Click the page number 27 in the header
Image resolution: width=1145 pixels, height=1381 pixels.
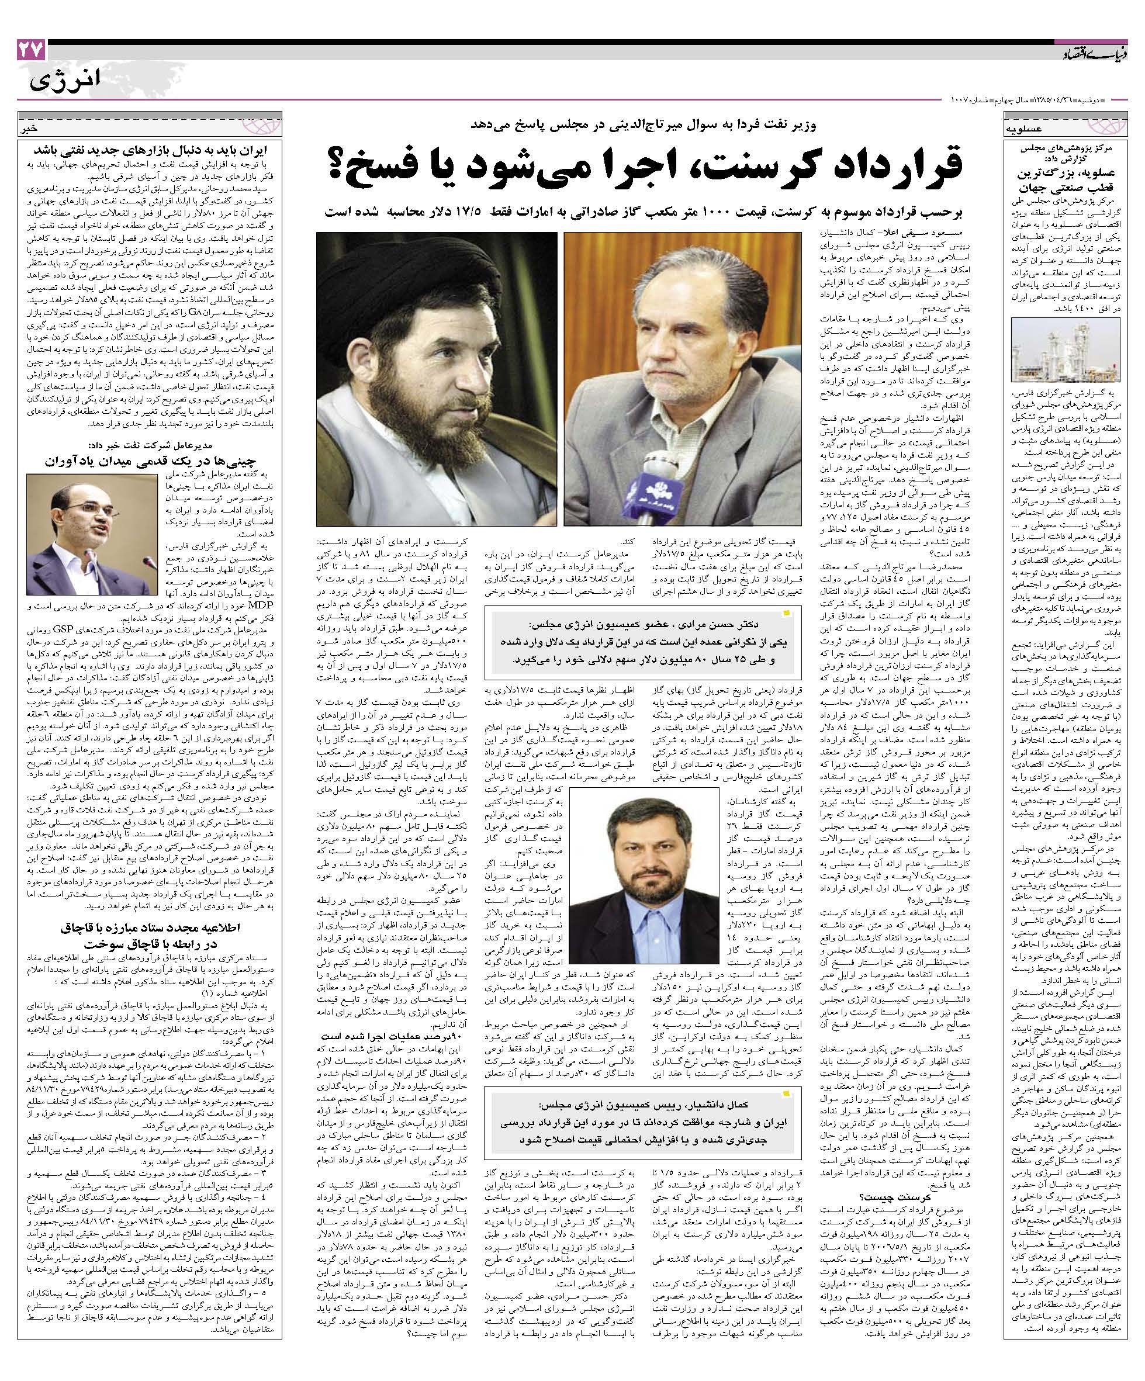click(30, 50)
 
